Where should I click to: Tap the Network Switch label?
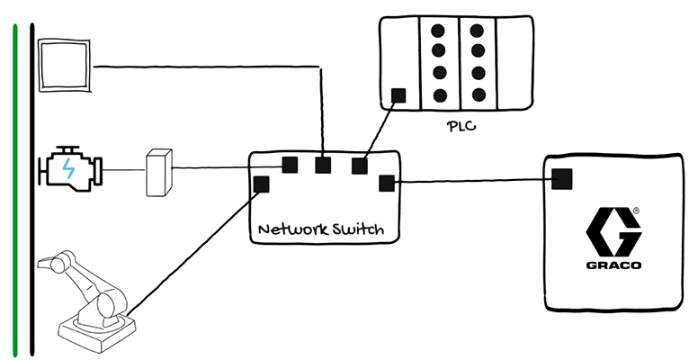[x=320, y=229]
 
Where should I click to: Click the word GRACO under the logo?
[x=613, y=266]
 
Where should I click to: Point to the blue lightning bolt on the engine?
[x=69, y=167]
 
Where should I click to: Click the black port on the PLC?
[x=398, y=94]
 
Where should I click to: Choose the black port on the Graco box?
[x=562, y=179]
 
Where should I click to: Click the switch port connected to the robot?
[x=262, y=184]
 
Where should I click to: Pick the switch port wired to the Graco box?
[x=387, y=184]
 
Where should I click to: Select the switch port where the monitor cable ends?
[x=322, y=165]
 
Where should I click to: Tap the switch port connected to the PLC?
[x=360, y=165]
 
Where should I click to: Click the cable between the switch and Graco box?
[x=472, y=182]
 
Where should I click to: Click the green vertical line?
[x=14, y=180]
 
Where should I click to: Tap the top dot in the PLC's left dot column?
[x=440, y=30]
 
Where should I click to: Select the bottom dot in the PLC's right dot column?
[x=478, y=94]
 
